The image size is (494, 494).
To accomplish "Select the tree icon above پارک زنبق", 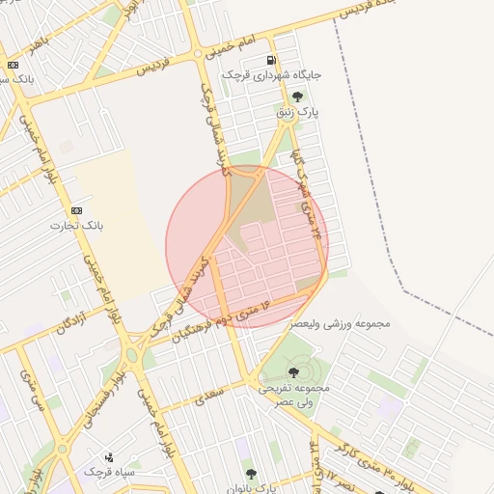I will click(x=296, y=96).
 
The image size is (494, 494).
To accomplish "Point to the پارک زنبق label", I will click(x=298, y=113).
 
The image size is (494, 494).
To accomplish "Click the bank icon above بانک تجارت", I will click(x=76, y=210).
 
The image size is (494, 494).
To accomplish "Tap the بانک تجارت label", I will click(x=76, y=226).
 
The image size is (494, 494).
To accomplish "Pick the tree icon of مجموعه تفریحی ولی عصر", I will click(x=293, y=371).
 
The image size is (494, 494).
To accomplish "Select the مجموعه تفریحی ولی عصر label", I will click(x=293, y=394).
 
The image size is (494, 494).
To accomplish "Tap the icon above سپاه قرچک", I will click(x=109, y=457).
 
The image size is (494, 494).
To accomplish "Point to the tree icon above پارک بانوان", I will click(x=251, y=474).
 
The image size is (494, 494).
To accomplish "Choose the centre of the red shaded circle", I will click(x=247, y=247).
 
